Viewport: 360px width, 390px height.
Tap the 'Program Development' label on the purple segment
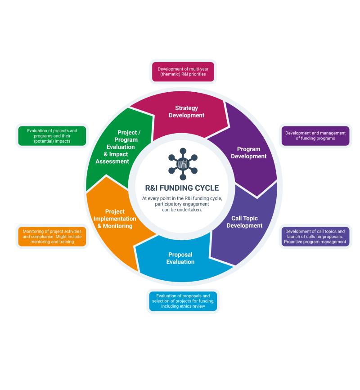pyautogui.click(x=252, y=152)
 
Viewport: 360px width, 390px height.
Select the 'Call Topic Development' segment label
pyautogui.click(x=244, y=222)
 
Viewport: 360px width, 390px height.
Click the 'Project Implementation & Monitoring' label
pyautogui.click(x=115, y=219)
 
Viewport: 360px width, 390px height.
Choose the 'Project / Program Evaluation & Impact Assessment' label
pyautogui.click(x=120, y=147)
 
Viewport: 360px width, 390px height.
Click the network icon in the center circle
pyautogui.click(x=182, y=164)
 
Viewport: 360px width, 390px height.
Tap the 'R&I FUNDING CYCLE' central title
pyautogui.click(x=182, y=188)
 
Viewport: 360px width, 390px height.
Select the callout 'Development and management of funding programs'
pyautogui.click(x=315, y=136)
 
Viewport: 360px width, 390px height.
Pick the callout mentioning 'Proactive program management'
pyautogui.click(x=315, y=236)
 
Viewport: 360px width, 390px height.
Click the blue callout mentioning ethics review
pyautogui.click(x=183, y=301)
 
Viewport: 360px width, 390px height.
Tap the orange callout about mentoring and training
pyautogui.click(x=52, y=236)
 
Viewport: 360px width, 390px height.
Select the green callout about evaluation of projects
pyautogui.click(x=52, y=136)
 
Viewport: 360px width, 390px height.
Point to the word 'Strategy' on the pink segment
pyautogui.click(x=186, y=108)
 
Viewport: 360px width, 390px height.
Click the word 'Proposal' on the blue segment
pyautogui.click(x=180, y=255)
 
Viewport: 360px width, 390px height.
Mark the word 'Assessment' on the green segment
pyautogui.click(x=112, y=161)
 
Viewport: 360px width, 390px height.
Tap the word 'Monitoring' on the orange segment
pyautogui.click(x=118, y=226)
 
